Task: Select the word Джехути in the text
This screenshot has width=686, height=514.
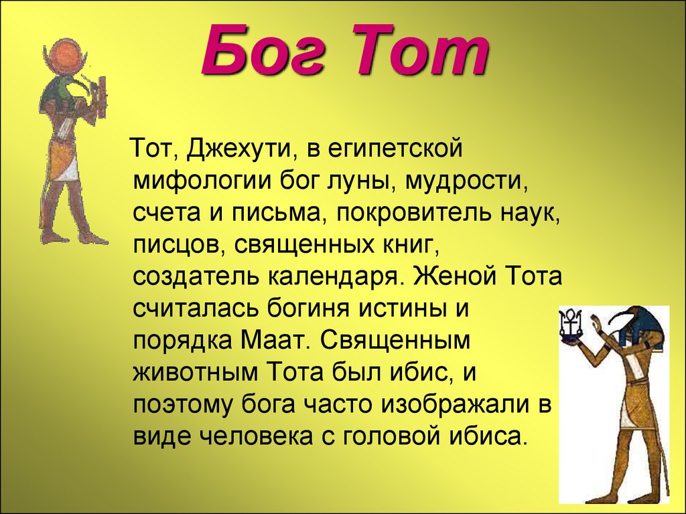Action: tap(238, 149)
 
